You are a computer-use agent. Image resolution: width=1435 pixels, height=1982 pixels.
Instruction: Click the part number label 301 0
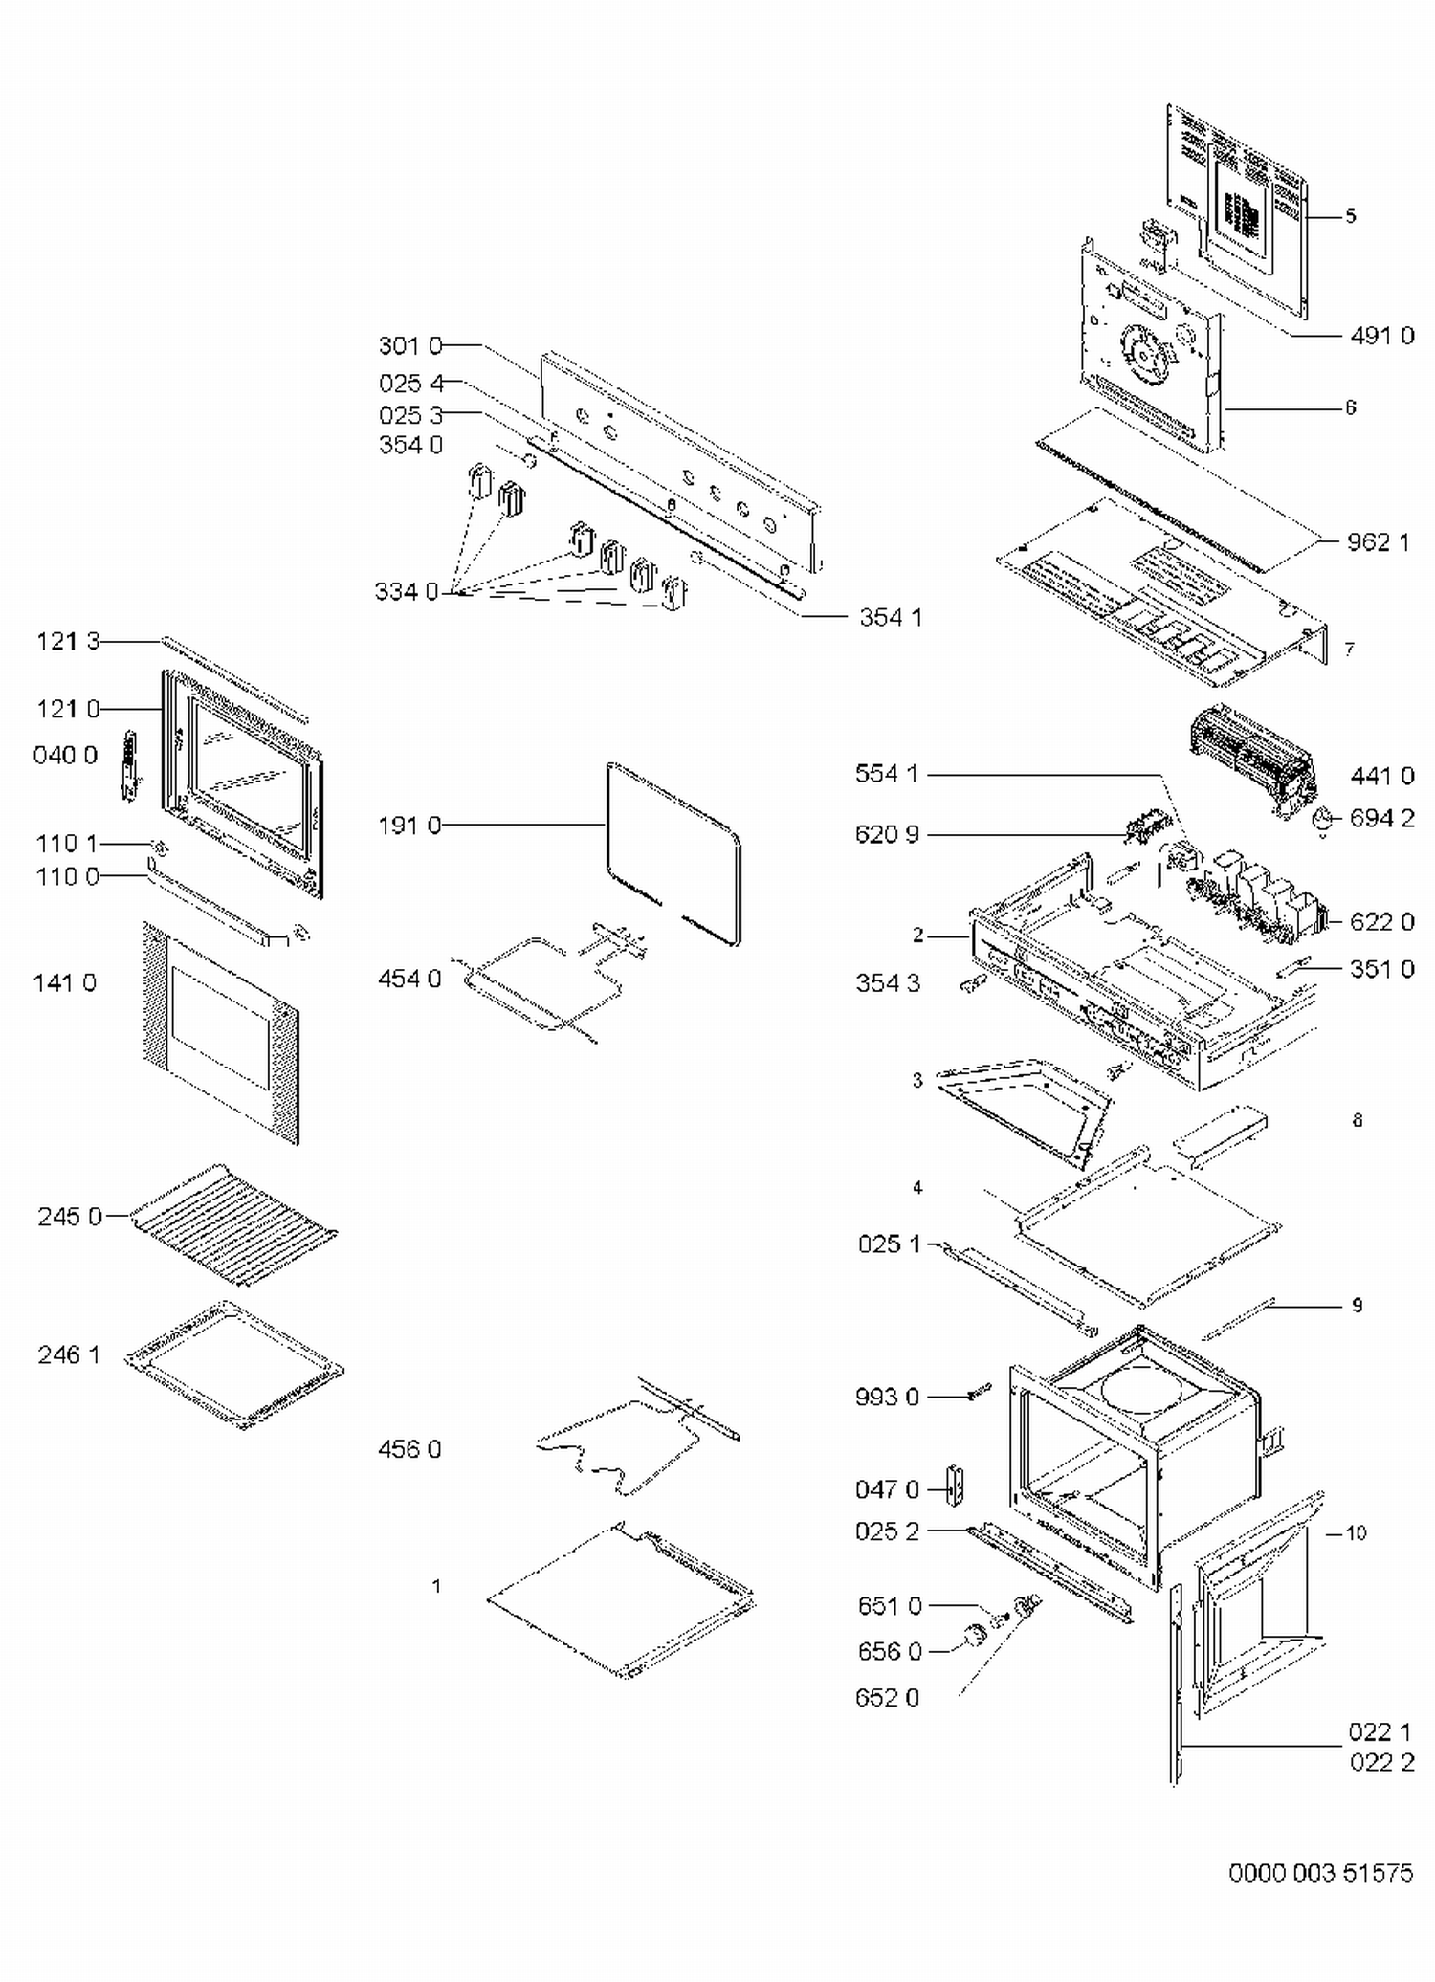(410, 345)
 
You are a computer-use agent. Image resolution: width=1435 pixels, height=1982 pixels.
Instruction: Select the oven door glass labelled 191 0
(673, 851)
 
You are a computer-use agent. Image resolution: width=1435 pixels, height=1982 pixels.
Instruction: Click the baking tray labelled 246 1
(234, 1364)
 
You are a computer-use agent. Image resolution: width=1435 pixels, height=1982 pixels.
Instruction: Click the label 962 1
(1378, 542)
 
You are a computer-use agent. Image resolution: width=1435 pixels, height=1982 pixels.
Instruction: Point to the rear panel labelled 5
(1237, 210)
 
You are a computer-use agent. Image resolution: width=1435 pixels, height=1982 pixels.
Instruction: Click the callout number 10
(1356, 1533)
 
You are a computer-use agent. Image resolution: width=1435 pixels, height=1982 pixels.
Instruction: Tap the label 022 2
(1381, 1762)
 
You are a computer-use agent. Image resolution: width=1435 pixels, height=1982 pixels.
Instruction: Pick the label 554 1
(887, 774)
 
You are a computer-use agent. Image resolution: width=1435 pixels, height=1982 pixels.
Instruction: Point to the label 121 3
(68, 642)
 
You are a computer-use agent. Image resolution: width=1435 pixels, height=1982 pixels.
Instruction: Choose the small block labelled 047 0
(954, 1484)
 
